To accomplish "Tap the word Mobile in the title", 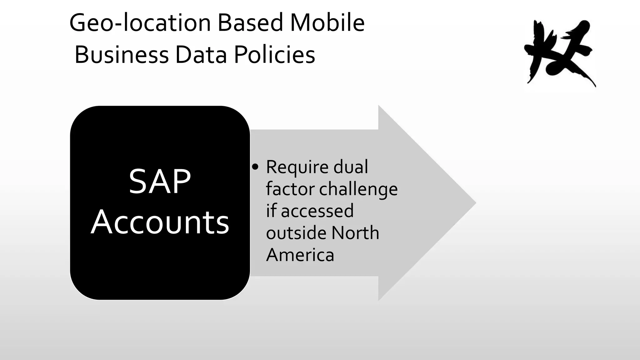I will tap(327, 23).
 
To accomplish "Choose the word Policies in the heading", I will tap(274, 55).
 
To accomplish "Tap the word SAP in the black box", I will tap(160, 182).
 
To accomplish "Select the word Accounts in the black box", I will tap(160, 222).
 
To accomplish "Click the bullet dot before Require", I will tap(255, 167).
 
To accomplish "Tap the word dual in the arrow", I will tap(351, 167).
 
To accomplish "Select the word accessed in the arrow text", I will tap(317, 211).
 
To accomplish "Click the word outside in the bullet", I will tap(296, 233).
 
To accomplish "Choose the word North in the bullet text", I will tap(355, 233).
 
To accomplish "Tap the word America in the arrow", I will tap(300, 255).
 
